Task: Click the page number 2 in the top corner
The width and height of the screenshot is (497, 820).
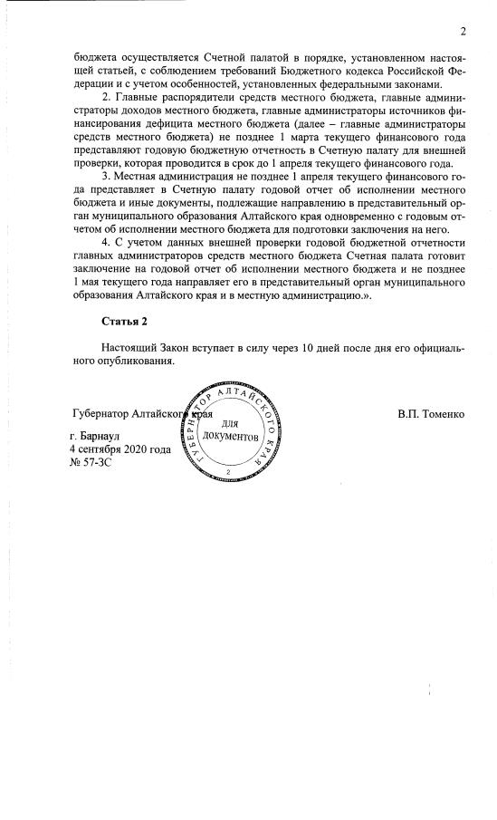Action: pyautogui.click(x=463, y=33)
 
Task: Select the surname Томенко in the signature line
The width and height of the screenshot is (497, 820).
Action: pyautogui.click(x=443, y=415)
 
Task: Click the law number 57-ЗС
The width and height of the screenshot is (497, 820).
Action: pyautogui.click(x=98, y=462)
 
